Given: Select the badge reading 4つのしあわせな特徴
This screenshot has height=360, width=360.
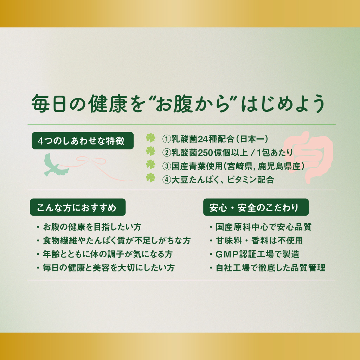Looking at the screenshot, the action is pos(83,141).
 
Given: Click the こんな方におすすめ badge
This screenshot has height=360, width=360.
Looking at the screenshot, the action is pos(78,207).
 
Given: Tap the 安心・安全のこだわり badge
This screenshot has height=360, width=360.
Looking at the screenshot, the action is pos(256,207).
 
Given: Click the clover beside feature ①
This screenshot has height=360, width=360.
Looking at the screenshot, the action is pos(150,138).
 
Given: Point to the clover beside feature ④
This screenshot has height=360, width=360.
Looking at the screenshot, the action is pos(150,178).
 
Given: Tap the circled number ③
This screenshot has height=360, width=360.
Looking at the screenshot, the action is pos(166,166).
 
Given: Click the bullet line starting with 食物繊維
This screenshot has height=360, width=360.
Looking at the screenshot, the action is pos(114,240).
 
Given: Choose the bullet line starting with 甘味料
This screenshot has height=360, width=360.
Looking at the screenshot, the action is pos(256,240).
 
